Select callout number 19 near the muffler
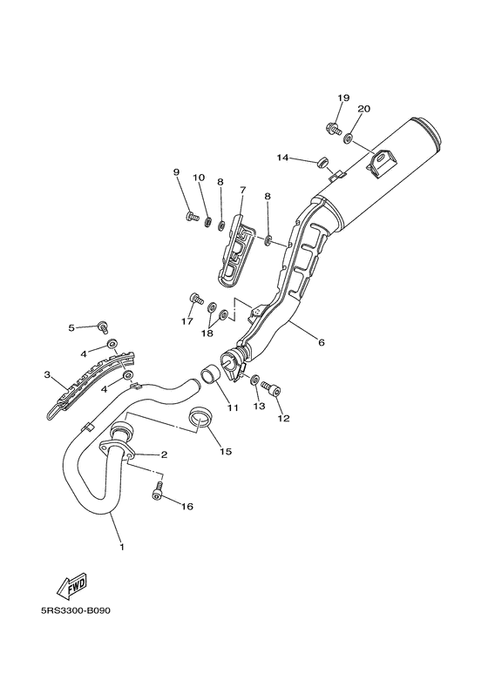click(x=343, y=98)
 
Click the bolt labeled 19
click(x=334, y=127)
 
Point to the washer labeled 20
click(x=349, y=138)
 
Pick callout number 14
click(x=282, y=158)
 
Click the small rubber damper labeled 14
click(x=322, y=162)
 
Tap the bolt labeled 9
click(x=192, y=216)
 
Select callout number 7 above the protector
click(x=243, y=189)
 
